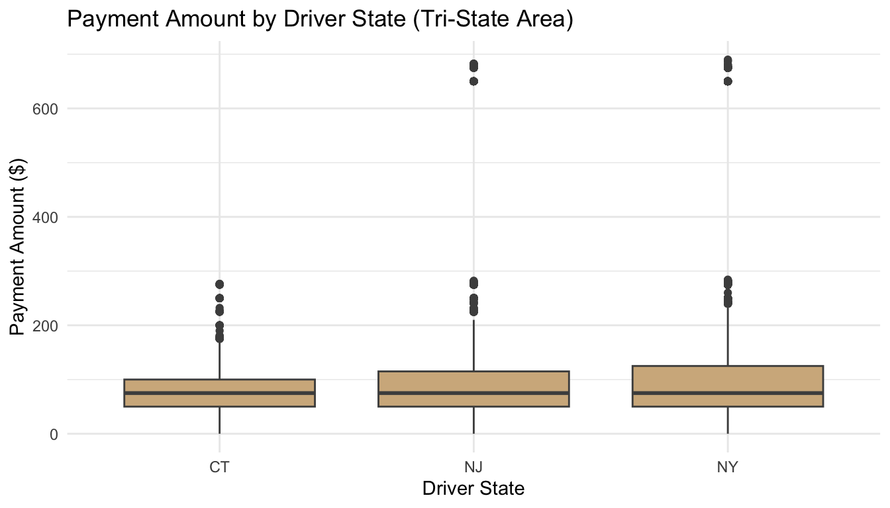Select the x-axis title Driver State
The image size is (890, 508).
pyautogui.click(x=473, y=489)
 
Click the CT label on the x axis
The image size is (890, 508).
pyautogui.click(x=219, y=467)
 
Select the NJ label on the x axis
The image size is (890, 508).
pyautogui.click(x=473, y=467)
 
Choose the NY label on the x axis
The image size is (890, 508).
pyautogui.click(x=728, y=467)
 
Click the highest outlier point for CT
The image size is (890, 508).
pyautogui.click(x=219, y=284)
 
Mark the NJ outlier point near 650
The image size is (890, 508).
pyautogui.click(x=473, y=81)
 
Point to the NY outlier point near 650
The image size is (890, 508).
pyautogui.click(x=728, y=81)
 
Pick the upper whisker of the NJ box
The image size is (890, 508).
pyautogui.click(x=473, y=344)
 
